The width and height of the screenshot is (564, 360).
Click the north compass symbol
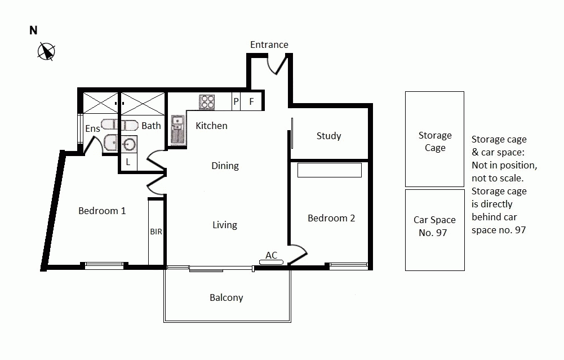click(46, 52)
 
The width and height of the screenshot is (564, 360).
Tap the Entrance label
click(269, 45)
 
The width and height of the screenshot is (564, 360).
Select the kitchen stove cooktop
click(207, 102)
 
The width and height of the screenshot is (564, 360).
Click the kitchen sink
click(178, 130)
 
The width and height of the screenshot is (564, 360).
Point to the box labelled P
click(236, 102)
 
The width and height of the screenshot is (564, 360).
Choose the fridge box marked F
click(252, 102)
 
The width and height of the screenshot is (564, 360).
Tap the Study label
click(328, 136)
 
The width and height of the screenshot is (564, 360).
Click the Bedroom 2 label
click(331, 218)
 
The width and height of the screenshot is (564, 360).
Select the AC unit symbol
click(272, 261)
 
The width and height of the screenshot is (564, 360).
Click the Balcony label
click(226, 297)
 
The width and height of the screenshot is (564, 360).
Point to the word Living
click(224, 225)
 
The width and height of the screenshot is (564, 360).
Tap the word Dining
click(225, 166)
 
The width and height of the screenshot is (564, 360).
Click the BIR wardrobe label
click(156, 232)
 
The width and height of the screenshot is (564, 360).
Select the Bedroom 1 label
click(102, 211)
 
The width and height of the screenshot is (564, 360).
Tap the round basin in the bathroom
click(130, 144)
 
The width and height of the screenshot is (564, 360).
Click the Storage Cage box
click(434, 139)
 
